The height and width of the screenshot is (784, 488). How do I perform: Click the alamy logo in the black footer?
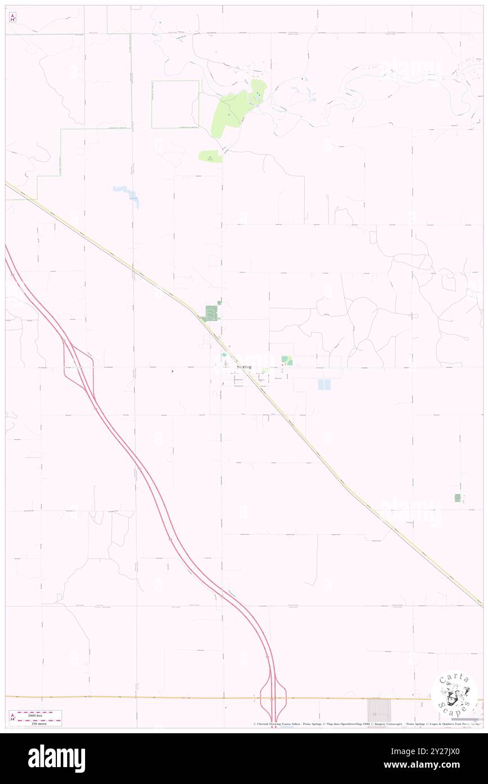click(56, 759)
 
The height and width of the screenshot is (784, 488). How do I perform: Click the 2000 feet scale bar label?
click(38, 713)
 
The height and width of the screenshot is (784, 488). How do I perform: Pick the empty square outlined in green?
click(175, 104)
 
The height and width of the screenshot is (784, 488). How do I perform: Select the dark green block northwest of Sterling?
click(211, 312)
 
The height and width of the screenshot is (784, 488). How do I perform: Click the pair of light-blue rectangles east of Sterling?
click(324, 385)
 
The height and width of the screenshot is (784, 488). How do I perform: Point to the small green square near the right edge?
click(458, 498)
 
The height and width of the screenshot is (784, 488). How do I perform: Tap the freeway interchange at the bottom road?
click(273, 698)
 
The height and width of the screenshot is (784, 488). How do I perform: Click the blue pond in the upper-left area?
click(127, 193)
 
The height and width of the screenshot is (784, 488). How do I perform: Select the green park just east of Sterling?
click(287, 360)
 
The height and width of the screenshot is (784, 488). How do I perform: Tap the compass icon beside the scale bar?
click(12, 717)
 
